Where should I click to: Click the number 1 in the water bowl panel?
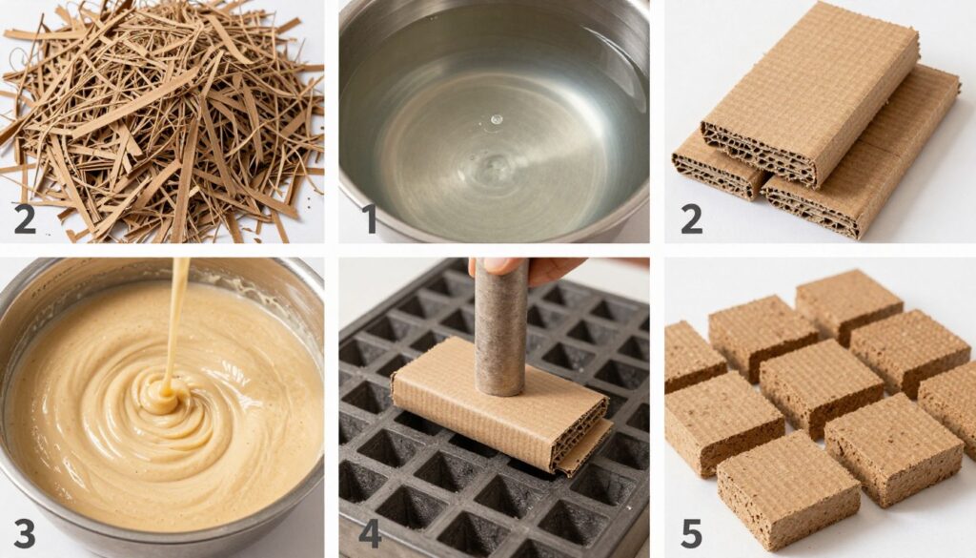[x=370, y=218]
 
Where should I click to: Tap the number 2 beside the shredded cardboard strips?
[x=25, y=218]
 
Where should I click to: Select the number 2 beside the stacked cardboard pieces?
[x=692, y=218]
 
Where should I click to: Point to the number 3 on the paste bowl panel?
[x=25, y=533]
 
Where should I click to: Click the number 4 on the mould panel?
[x=371, y=533]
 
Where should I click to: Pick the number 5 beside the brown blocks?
[x=692, y=534]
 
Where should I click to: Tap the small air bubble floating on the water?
[x=496, y=119]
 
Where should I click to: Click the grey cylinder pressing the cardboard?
[x=501, y=327]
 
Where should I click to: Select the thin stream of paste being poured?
[x=178, y=318]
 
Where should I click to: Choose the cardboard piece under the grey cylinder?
[x=501, y=404]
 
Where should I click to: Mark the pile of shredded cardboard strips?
[x=162, y=121]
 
